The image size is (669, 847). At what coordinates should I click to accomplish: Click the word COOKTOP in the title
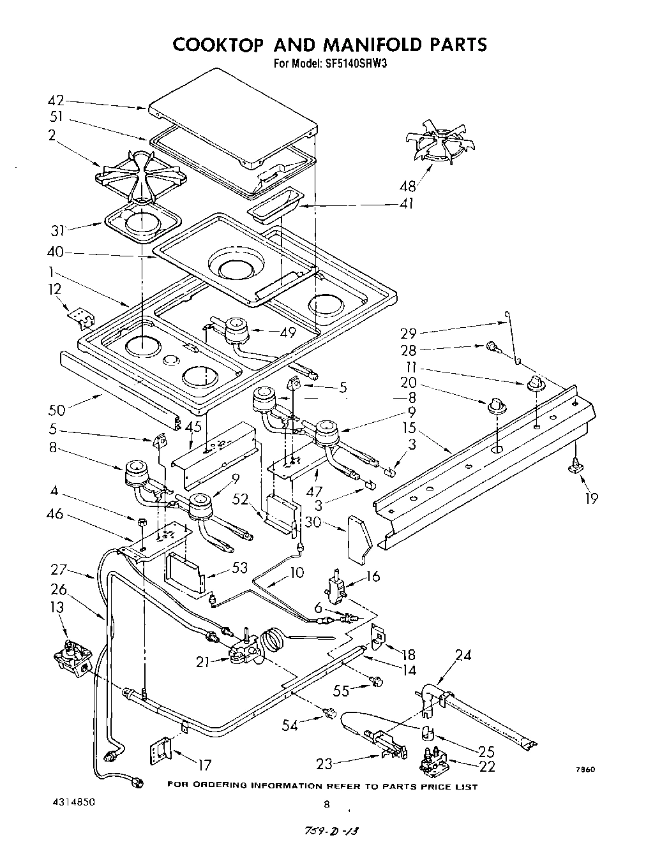[x=219, y=45]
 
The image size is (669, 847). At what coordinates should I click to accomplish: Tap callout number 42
[x=56, y=101]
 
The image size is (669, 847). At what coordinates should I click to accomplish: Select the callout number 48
[x=407, y=186]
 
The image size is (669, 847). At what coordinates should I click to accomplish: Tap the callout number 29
[x=409, y=332]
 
